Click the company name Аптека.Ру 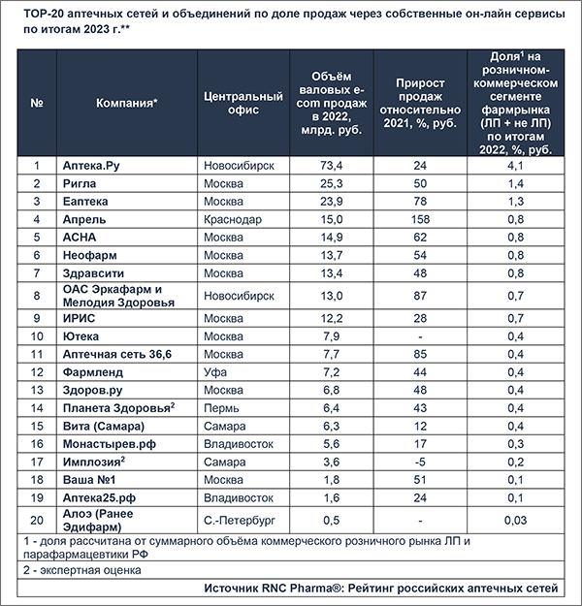(x=91, y=166)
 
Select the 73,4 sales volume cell (x=332, y=166)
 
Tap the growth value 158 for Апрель (x=420, y=219)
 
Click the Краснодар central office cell (x=233, y=219)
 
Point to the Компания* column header (x=127, y=103)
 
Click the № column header (x=37, y=103)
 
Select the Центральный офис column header (x=243, y=103)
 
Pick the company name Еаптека (x=85, y=202)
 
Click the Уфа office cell (x=215, y=372)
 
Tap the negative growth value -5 (x=420, y=462)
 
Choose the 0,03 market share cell (x=515, y=521)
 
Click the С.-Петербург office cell (x=240, y=521)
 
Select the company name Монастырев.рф (x=110, y=444)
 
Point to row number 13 (x=37, y=390)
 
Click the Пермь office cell (x=221, y=408)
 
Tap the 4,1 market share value (x=515, y=166)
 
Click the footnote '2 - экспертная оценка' (x=82, y=570)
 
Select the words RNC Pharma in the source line (x=297, y=589)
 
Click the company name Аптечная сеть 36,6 (x=117, y=355)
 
